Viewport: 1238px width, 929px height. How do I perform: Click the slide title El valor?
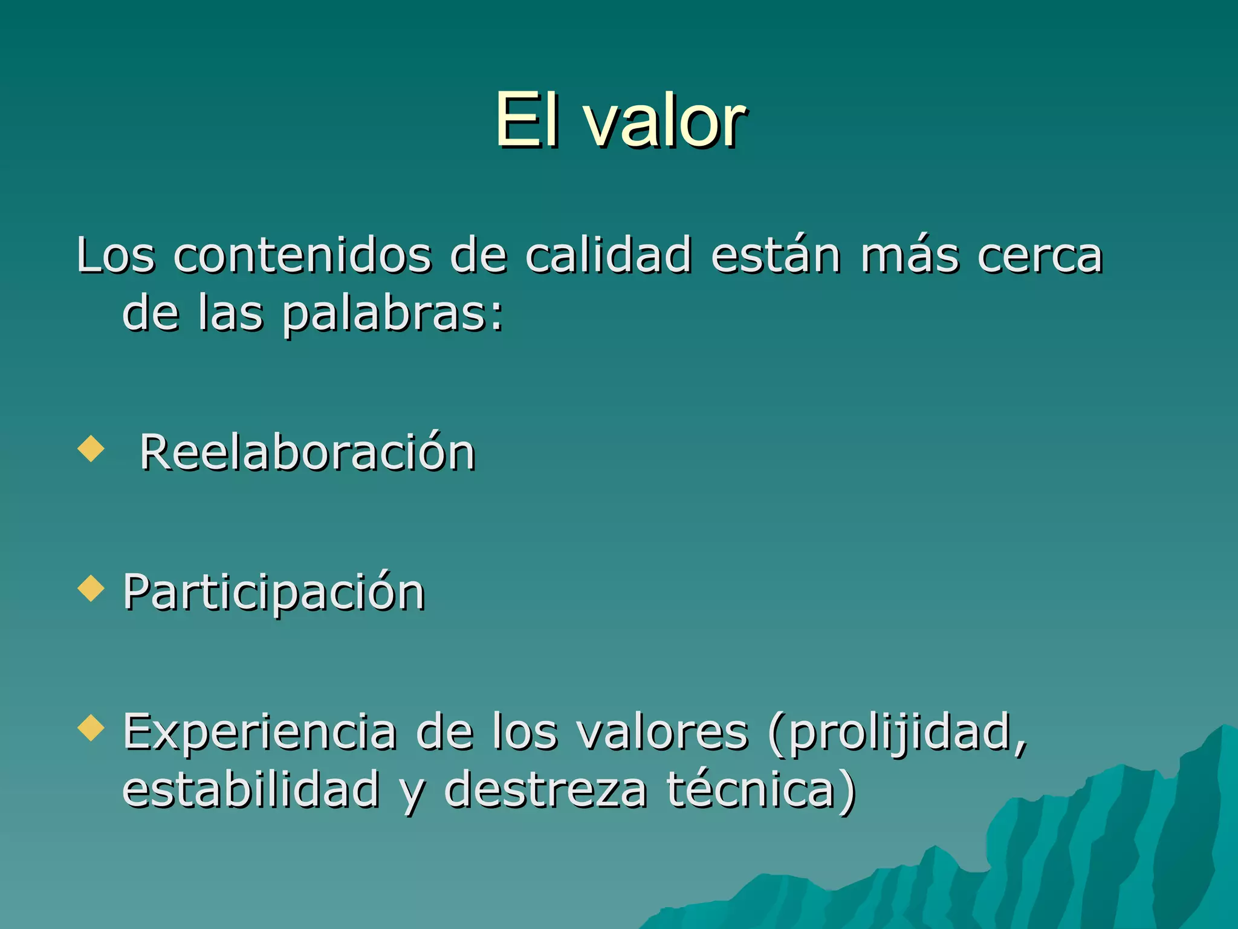point(620,120)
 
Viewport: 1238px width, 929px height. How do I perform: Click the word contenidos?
point(302,256)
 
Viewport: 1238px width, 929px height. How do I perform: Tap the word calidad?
point(608,255)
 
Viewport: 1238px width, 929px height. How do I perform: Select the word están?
point(776,255)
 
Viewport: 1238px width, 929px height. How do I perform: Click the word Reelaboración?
point(308,453)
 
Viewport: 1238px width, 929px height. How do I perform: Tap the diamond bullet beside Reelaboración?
point(91,449)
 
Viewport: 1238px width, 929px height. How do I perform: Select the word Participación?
point(274,593)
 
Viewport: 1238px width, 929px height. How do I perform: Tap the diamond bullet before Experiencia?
point(91,728)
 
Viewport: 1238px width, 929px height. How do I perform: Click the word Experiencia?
point(260,732)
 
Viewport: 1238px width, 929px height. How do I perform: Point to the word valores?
point(663,732)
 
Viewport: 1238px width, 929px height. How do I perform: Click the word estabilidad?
point(251,789)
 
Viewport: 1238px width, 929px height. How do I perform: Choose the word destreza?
point(545,789)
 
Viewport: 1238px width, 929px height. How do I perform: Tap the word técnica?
point(751,789)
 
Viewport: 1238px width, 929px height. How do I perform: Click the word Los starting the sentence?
point(115,256)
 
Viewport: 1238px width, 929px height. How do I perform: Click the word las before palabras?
point(231,314)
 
